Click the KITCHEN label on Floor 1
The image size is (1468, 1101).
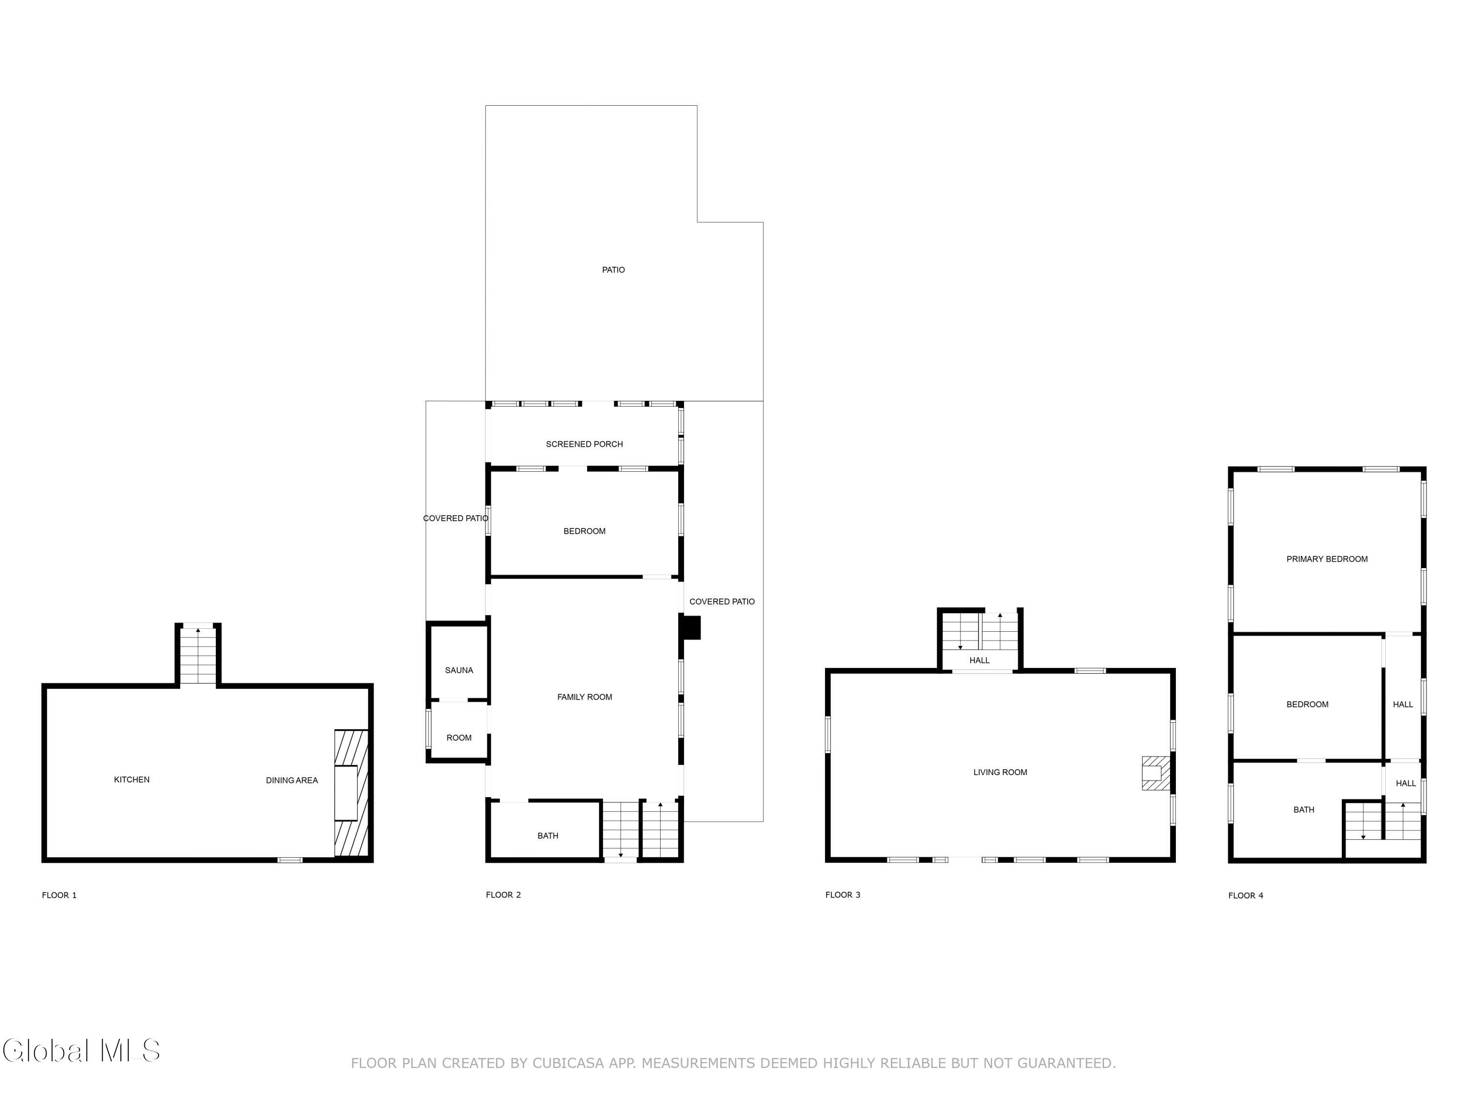[132, 780]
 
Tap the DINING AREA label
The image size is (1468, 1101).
[292, 780]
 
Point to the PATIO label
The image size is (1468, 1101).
[613, 270]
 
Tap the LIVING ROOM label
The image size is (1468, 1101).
[1000, 773]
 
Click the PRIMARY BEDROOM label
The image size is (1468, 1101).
[1327, 559]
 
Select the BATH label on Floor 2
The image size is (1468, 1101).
[548, 836]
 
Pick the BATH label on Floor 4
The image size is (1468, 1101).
[1304, 810]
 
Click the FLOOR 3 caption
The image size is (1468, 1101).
[843, 895]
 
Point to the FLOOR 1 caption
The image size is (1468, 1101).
[59, 895]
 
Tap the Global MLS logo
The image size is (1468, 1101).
[81, 1051]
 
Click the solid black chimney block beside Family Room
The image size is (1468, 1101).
[691, 628]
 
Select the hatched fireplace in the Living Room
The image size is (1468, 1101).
[1155, 773]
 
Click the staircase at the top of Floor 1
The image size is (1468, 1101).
[198, 656]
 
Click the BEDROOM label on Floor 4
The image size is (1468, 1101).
[1307, 705]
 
